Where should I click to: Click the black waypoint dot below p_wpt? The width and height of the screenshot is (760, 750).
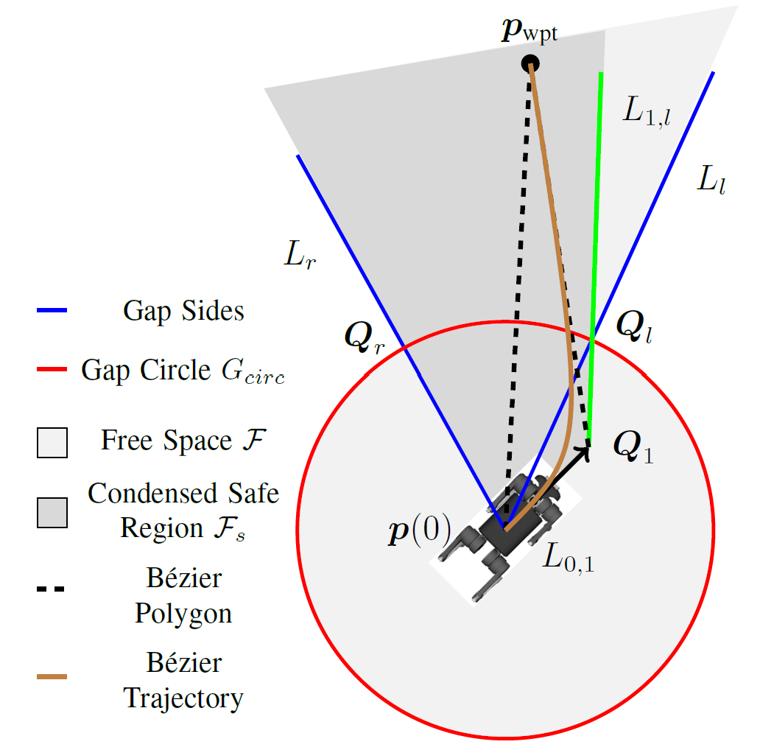[x=530, y=63]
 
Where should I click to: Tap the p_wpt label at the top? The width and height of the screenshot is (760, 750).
[x=529, y=32]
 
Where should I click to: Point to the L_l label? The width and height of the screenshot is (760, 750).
[x=711, y=179]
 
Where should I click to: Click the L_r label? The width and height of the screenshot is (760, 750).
[x=300, y=254]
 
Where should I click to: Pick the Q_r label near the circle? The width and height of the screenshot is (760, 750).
[x=365, y=337]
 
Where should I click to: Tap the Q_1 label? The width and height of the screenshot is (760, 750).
[x=633, y=446]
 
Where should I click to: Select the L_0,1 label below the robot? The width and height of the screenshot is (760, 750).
[x=569, y=557]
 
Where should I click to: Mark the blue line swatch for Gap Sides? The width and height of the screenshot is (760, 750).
[x=52, y=310]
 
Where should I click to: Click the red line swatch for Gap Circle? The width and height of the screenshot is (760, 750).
[x=52, y=369]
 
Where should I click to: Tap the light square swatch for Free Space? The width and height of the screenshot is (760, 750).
[x=52, y=443]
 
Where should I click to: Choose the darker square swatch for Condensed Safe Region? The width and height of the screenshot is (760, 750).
[x=52, y=513]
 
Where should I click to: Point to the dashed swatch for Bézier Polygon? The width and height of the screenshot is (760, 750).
[x=50, y=589]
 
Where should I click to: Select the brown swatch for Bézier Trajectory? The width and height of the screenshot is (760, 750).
[x=52, y=676]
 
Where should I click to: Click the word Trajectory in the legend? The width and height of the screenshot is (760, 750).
[x=183, y=699]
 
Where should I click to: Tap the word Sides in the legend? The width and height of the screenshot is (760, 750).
[x=213, y=311]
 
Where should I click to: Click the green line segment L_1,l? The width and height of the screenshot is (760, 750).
[x=595, y=257]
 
